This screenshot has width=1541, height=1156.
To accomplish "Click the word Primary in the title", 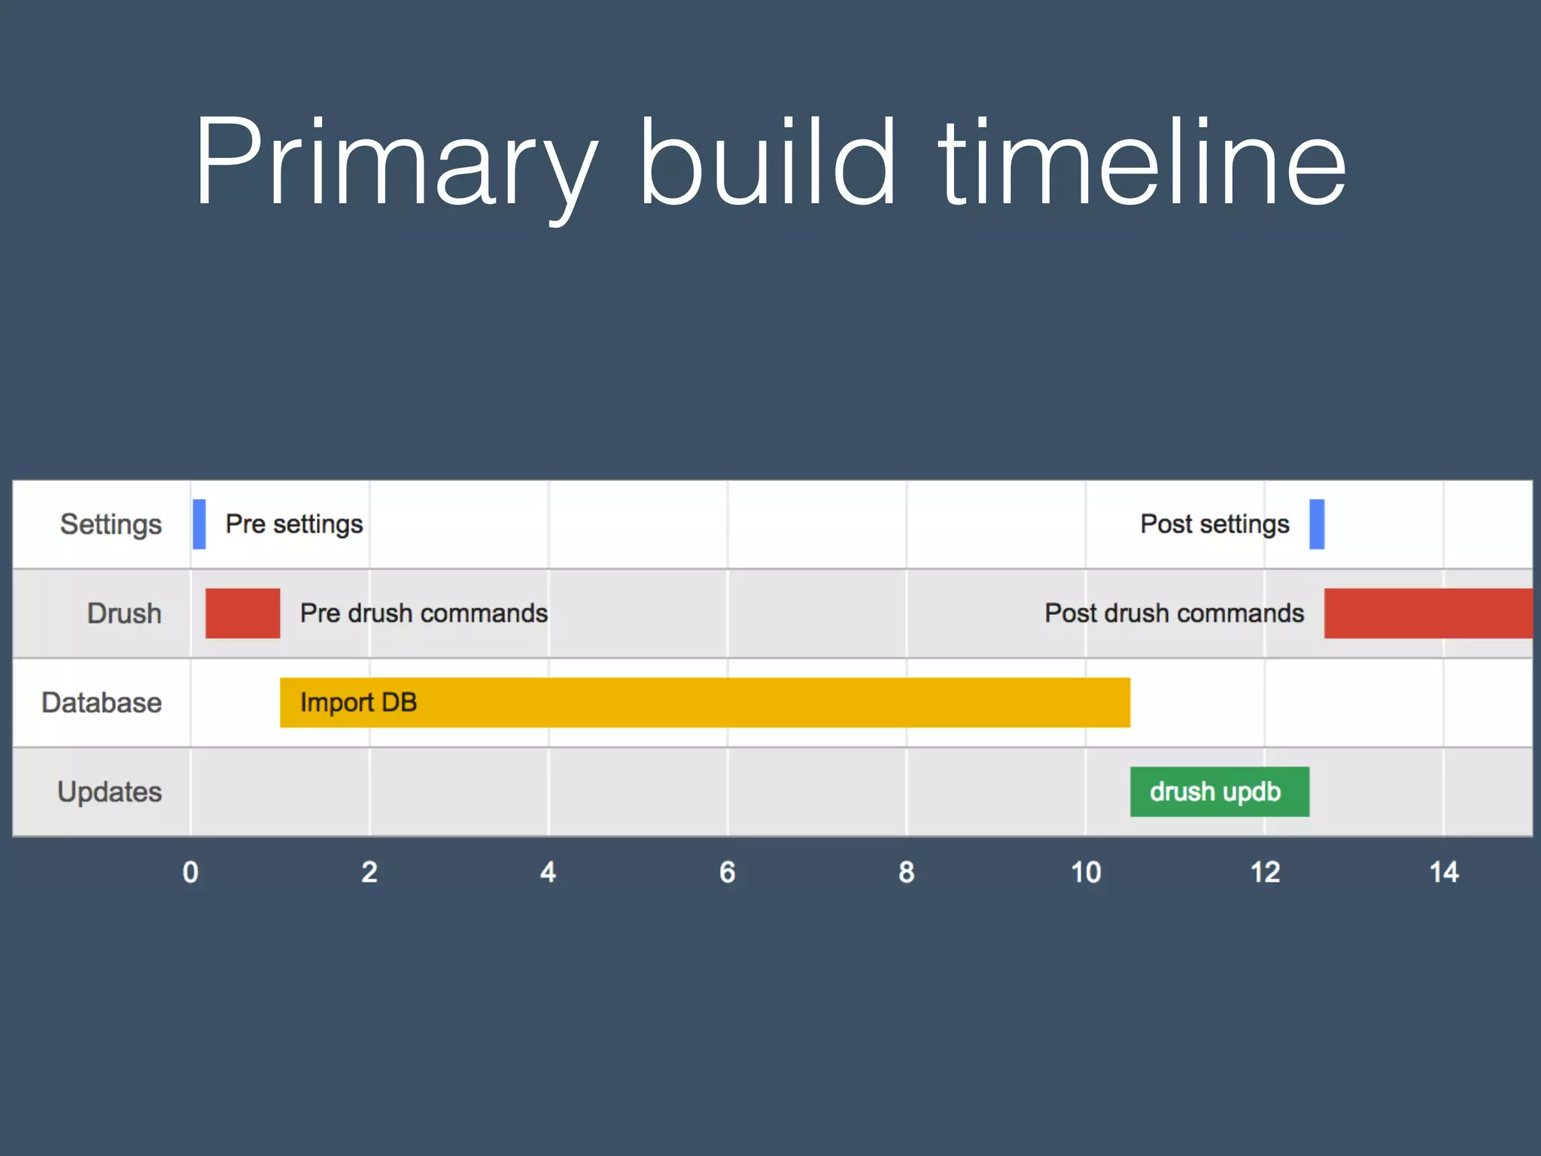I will [395, 162].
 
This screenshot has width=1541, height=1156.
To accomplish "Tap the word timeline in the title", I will [1142, 162].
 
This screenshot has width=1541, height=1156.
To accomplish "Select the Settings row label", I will [111, 525].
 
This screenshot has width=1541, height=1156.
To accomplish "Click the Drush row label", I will [124, 613].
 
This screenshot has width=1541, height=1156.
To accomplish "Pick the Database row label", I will [102, 703].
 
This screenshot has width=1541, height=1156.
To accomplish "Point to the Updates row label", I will [110, 792].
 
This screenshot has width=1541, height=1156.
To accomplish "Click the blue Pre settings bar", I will [199, 524].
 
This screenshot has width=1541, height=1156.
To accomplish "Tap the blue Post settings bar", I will [1317, 524].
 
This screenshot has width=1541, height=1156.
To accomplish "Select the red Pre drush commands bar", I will [242, 613].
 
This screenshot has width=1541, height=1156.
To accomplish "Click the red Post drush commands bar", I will [1427, 613].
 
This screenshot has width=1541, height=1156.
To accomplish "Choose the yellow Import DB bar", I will [704, 702].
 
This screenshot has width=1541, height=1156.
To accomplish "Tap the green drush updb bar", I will [1219, 792].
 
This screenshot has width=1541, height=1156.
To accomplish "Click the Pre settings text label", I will [294, 524].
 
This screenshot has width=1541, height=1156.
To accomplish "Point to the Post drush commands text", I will [1174, 613].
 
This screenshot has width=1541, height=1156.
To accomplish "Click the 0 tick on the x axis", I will [191, 872].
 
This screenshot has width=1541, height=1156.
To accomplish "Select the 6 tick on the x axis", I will [728, 872].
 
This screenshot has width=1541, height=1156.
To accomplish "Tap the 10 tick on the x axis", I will [1086, 872].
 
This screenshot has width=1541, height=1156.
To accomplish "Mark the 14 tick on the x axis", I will [1444, 872].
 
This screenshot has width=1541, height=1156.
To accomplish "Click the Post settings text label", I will [1214, 524].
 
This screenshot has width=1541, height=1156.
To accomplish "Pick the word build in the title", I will [767, 162].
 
